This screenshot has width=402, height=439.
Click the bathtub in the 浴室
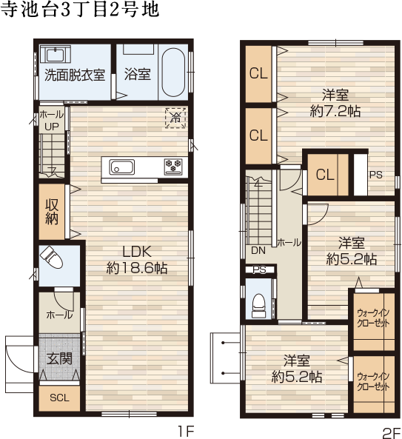click(173, 73)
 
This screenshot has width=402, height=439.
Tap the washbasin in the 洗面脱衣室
click(56, 54)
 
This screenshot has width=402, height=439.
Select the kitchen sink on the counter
click(122, 167)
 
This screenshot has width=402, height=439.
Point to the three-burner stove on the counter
click(173, 167)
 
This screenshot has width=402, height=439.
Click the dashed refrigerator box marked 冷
click(175, 118)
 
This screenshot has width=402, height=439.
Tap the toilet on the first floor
click(52, 258)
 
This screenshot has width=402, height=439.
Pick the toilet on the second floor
click(259, 306)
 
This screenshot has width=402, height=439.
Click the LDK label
click(137, 252)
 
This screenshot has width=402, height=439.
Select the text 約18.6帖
click(137, 268)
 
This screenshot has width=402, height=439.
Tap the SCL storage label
click(59, 398)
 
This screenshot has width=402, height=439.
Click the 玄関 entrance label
click(59, 358)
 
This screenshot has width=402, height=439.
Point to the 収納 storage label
click(52, 212)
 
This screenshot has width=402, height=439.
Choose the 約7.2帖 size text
click(335, 111)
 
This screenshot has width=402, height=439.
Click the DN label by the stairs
click(258, 250)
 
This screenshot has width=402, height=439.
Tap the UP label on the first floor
click(52, 127)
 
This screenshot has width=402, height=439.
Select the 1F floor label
click(186, 431)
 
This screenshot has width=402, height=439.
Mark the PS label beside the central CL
click(376, 175)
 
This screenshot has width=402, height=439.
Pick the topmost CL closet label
click(258, 73)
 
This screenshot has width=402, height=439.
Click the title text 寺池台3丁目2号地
click(80, 9)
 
